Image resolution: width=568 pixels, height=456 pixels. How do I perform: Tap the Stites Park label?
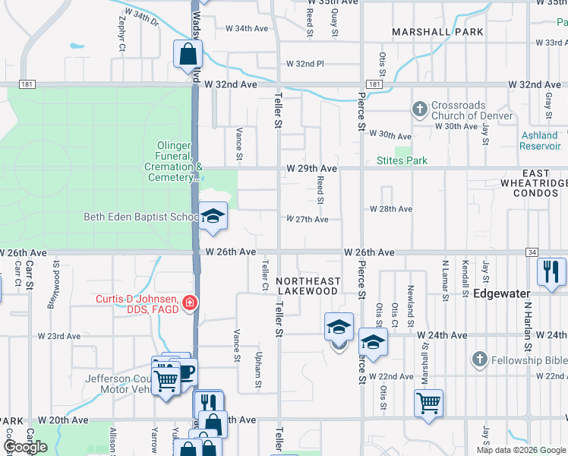pyautogui.click(x=402, y=160)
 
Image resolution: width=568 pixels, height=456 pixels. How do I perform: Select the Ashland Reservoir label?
pyautogui.click(x=540, y=141)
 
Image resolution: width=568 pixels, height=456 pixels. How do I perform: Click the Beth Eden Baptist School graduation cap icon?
pyautogui.click(x=213, y=217)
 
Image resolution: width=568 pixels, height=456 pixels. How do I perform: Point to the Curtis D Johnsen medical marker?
pyautogui.click(x=188, y=305)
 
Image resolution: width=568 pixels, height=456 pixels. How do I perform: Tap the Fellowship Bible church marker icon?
pyautogui.click(x=479, y=358)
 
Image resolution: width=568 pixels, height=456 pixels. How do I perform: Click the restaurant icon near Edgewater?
pyautogui.click(x=550, y=272)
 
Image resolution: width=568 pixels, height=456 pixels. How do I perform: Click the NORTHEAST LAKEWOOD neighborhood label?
pyautogui.click(x=307, y=286)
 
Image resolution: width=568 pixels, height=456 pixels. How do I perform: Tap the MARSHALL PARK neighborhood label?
pyautogui.click(x=437, y=32)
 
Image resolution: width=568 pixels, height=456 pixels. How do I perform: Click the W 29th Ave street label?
pyautogui.click(x=311, y=167)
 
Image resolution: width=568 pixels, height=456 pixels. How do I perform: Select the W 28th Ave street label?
pyautogui.click(x=390, y=208)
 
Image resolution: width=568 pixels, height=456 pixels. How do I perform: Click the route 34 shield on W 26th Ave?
pyautogui.click(x=532, y=252)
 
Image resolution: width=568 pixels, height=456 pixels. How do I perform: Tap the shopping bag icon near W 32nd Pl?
pyautogui.click(x=188, y=55)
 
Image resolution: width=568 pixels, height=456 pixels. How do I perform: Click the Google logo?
pyautogui.click(x=25, y=447)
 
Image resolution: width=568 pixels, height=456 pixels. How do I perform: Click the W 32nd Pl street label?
pyautogui.click(x=305, y=64)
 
